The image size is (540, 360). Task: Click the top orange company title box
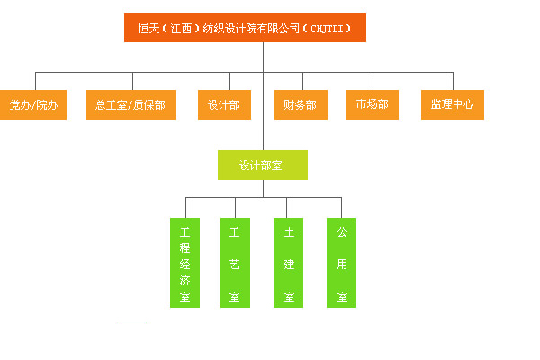245,28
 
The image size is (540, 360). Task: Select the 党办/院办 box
33,104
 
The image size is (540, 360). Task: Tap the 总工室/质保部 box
130,104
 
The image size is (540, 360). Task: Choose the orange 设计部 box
223,104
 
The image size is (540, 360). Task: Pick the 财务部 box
300,104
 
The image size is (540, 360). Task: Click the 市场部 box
372,104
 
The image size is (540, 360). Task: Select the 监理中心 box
452,104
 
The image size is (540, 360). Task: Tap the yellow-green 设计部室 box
262,165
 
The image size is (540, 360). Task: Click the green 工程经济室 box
184,262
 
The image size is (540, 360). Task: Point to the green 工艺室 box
235,262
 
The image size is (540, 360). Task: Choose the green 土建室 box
288,262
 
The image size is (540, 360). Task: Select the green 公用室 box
341,262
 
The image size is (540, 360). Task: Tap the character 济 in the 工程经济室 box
184,279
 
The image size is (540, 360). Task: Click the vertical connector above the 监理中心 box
452,80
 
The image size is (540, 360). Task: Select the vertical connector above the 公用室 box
341,206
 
